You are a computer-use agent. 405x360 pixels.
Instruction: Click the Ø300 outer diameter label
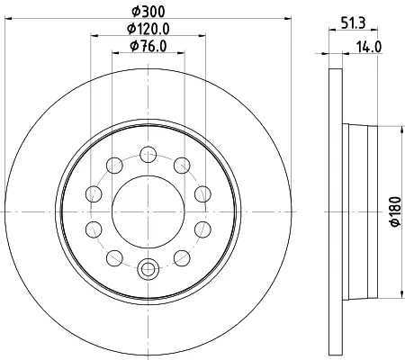(148, 12)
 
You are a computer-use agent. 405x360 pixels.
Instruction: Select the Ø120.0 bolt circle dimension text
(148, 29)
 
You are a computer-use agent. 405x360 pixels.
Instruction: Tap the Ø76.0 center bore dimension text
(148, 46)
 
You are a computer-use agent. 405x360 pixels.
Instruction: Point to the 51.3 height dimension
(354, 23)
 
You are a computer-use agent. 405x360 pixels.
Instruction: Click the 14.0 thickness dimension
(369, 47)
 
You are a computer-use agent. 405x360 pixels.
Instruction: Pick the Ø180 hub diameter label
(395, 211)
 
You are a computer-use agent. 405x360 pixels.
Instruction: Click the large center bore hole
(148, 211)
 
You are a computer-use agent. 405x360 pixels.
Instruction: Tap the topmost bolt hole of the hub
(148, 155)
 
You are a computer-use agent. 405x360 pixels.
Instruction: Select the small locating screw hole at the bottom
(148, 269)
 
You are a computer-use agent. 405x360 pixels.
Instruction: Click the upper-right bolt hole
(182, 166)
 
